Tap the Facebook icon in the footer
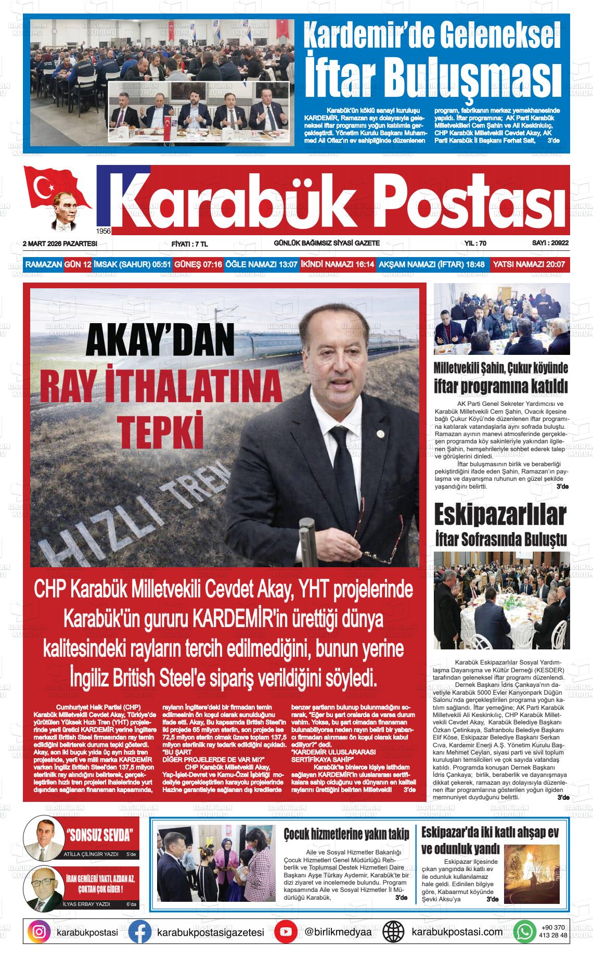click(140, 931)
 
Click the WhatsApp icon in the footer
click(527, 931)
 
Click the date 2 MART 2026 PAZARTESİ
click(60, 243)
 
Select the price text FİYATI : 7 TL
click(189, 244)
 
